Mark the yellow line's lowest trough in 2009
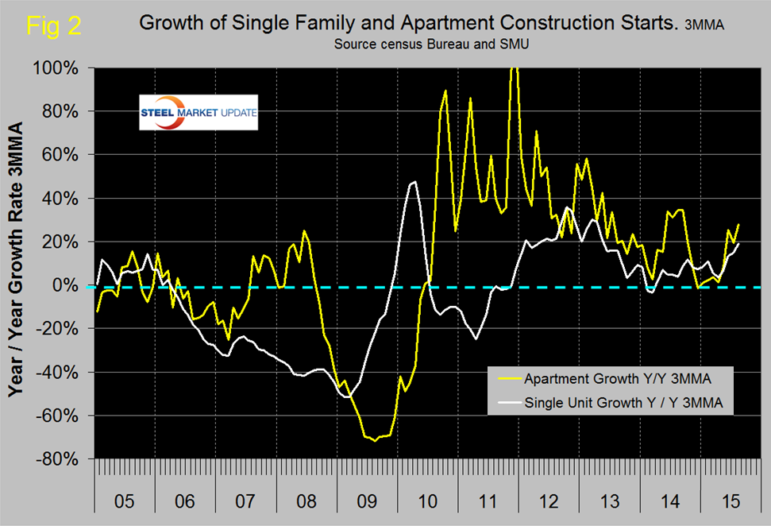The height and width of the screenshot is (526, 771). point(375,439)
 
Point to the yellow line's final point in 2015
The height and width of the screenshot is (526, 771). point(738,225)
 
